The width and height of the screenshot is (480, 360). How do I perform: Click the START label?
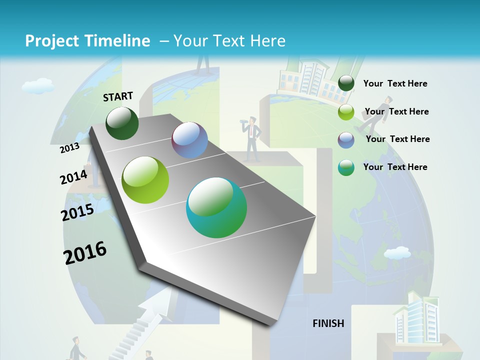[x=118, y=96]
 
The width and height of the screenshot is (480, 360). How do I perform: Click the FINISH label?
[x=328, y=323]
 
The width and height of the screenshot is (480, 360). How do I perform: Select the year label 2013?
[x=69, y=148]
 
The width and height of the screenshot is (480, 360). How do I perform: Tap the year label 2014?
[x=73, y=177]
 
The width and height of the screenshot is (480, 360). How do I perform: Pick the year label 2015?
[x=77, y=212]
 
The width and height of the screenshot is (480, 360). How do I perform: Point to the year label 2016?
[x=85, y=253]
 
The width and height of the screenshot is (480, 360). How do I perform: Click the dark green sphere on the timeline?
[x=122, y=123]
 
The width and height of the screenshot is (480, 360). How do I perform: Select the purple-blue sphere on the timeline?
[x=189, y=140]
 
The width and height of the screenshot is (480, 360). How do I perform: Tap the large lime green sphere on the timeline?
[x=145, y=180]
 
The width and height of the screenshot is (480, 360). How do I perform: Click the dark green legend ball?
[x=346, y=83]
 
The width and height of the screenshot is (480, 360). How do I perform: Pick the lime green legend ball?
[x=346, y=112]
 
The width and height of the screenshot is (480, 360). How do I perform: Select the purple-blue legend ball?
[x=346, y=140]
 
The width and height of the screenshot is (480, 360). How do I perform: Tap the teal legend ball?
[x=346, y=167]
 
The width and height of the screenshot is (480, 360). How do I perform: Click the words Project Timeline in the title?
[x=87, y=41]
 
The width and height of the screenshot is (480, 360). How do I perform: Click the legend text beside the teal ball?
[x=395, y=167]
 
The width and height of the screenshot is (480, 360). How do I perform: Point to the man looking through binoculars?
[x=252, y=137]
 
